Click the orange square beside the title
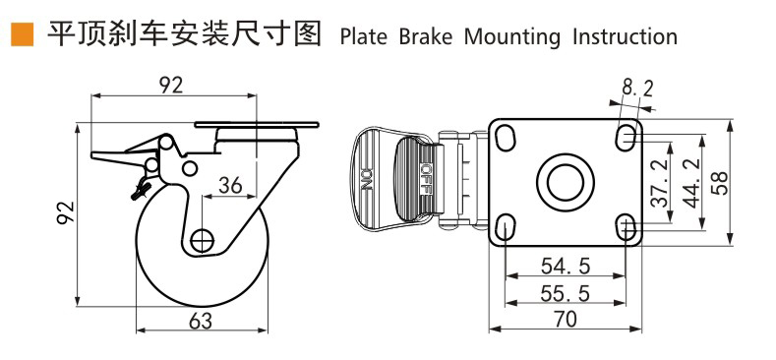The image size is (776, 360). coord(23,34)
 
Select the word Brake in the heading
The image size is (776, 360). coord(426,37)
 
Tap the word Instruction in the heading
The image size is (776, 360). coord(626,37)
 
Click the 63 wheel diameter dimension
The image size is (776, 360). coord(201,322)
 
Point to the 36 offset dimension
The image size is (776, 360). coord(230,185)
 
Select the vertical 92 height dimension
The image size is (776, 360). coord(65,212)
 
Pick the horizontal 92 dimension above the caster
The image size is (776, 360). coord(171,86)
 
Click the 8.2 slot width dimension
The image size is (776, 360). coord(637,89)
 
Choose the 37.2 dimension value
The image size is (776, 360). coord(659,182)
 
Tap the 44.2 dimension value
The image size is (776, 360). coord(690,182)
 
